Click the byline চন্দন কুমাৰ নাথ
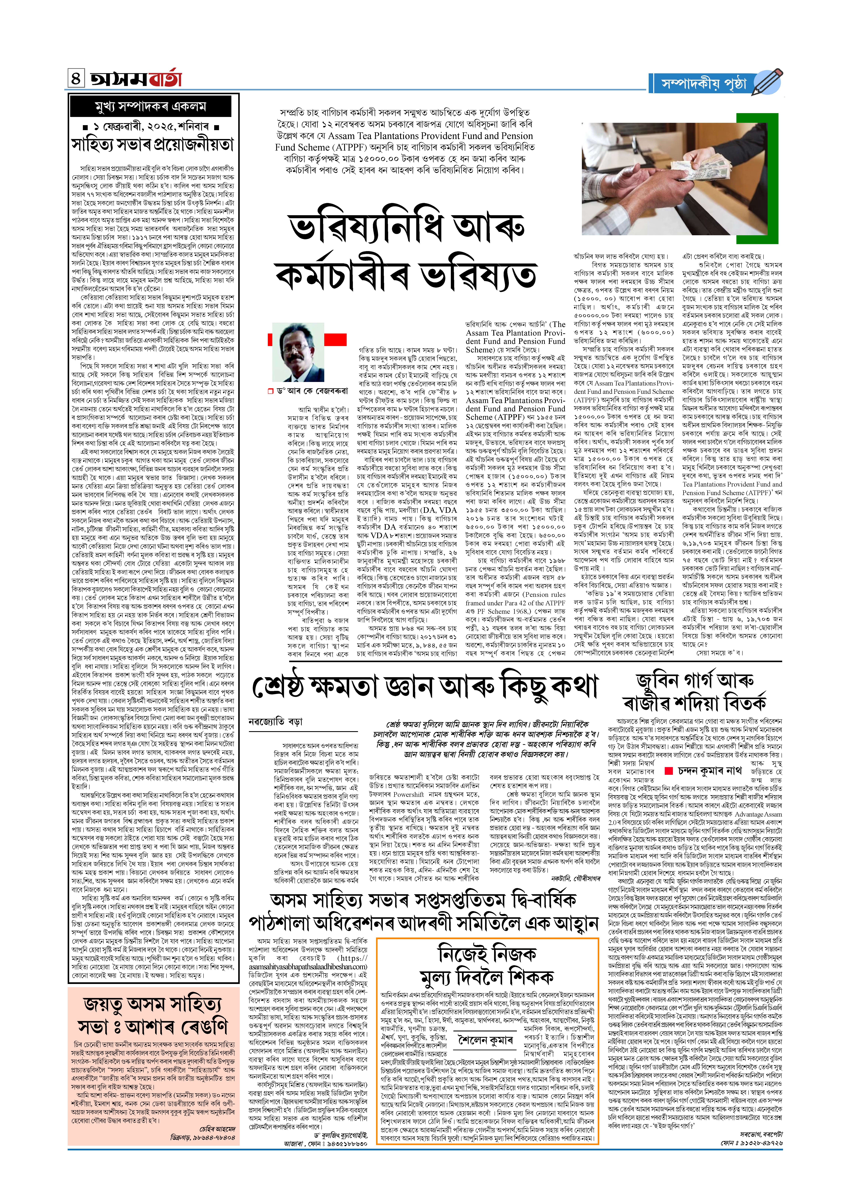pyautogui.click(x=709, y=771)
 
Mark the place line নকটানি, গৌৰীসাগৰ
pyautogui.click(x=575, y=878)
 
